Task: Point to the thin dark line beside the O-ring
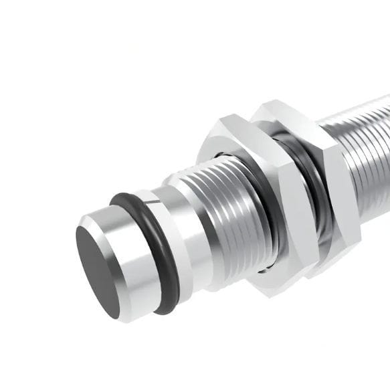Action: pyautogui.click(x=153, y=201)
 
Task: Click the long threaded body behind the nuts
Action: pyautogui.click(x=365, y=154)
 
